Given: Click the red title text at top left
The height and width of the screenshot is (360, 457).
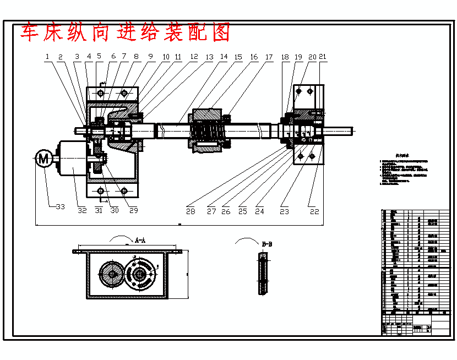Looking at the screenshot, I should coord(126,32).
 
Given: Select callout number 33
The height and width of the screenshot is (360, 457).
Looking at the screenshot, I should coord(60,208).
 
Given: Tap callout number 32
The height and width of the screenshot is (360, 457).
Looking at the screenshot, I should coord(82,210).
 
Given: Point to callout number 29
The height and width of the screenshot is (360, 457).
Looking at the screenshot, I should coord(133,210).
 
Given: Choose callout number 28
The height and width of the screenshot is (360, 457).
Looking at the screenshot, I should coord(191,211).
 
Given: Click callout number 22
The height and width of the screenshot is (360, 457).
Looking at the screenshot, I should coord(314,211).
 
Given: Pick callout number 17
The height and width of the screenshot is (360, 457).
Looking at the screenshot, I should coord(269,57).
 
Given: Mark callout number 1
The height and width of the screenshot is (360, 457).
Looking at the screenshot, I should coord(47,56).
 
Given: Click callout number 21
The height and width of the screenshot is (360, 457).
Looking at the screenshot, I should coord(323,56).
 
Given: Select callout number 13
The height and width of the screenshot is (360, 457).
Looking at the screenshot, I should coord(209,57).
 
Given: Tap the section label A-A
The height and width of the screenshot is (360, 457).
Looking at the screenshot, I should coord(140,241).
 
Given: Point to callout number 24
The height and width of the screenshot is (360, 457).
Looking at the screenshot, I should coord(259,211).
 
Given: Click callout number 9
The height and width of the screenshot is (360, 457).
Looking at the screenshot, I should coord(150,56).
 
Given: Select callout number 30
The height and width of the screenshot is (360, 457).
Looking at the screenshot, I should coord(115,210).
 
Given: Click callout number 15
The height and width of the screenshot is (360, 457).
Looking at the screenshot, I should coord(238,57).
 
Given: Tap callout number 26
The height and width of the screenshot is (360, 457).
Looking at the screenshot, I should coord(226,211).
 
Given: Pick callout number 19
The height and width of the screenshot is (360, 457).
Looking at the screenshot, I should coord(298,57).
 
